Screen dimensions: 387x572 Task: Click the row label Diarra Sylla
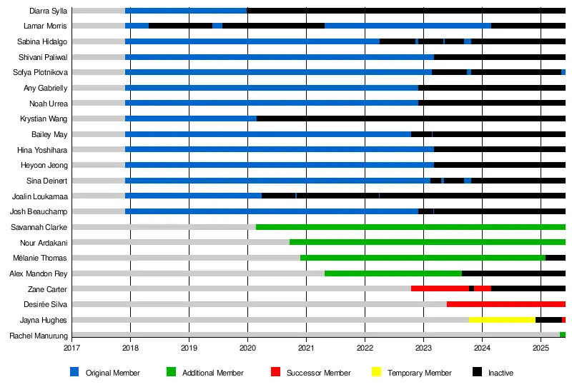point(49,11)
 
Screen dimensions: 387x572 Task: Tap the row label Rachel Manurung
point(39,336)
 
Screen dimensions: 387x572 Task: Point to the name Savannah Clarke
point(39,227)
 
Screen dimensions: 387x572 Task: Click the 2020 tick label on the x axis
point(247,348)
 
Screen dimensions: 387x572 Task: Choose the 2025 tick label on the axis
point(541,348)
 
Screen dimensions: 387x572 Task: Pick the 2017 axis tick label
point(71,348)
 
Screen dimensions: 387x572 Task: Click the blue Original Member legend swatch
point(74,372)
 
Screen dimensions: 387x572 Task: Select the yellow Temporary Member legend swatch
point(376,372)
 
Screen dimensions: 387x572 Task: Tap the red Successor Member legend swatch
point(275,372)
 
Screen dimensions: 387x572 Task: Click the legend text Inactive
point(500,373)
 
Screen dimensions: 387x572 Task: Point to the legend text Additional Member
point(212,373)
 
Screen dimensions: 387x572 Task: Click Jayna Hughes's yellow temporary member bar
point(502,320)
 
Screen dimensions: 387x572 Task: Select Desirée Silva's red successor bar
point(506,304)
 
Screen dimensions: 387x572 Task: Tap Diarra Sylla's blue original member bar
point(186,11)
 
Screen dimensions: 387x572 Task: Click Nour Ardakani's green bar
point(427,242)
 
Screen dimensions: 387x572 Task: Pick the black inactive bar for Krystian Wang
point(410,119)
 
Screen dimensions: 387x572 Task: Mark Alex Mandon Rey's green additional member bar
point(393,273)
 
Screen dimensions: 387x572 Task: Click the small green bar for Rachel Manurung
point(563,335)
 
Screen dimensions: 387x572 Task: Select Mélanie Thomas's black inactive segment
point(556,258)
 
